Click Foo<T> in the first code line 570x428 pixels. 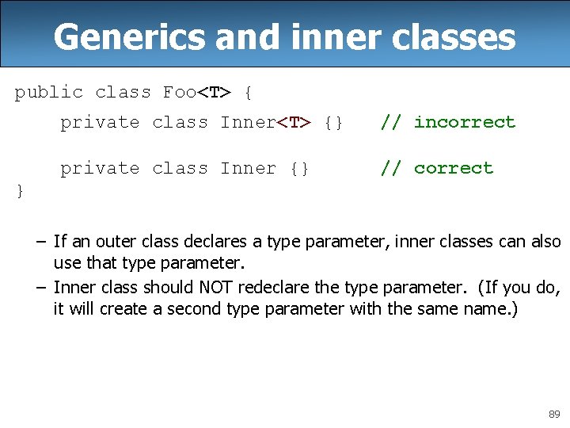(197, 92)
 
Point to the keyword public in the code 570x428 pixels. (48, 92)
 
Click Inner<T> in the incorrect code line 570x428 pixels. (266, 122)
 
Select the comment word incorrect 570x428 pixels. (464, 122)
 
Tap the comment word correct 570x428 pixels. (453, 168)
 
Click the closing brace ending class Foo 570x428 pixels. (20, 191)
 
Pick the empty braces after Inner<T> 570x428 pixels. (334, 122)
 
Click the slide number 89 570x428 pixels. (553, 414)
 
